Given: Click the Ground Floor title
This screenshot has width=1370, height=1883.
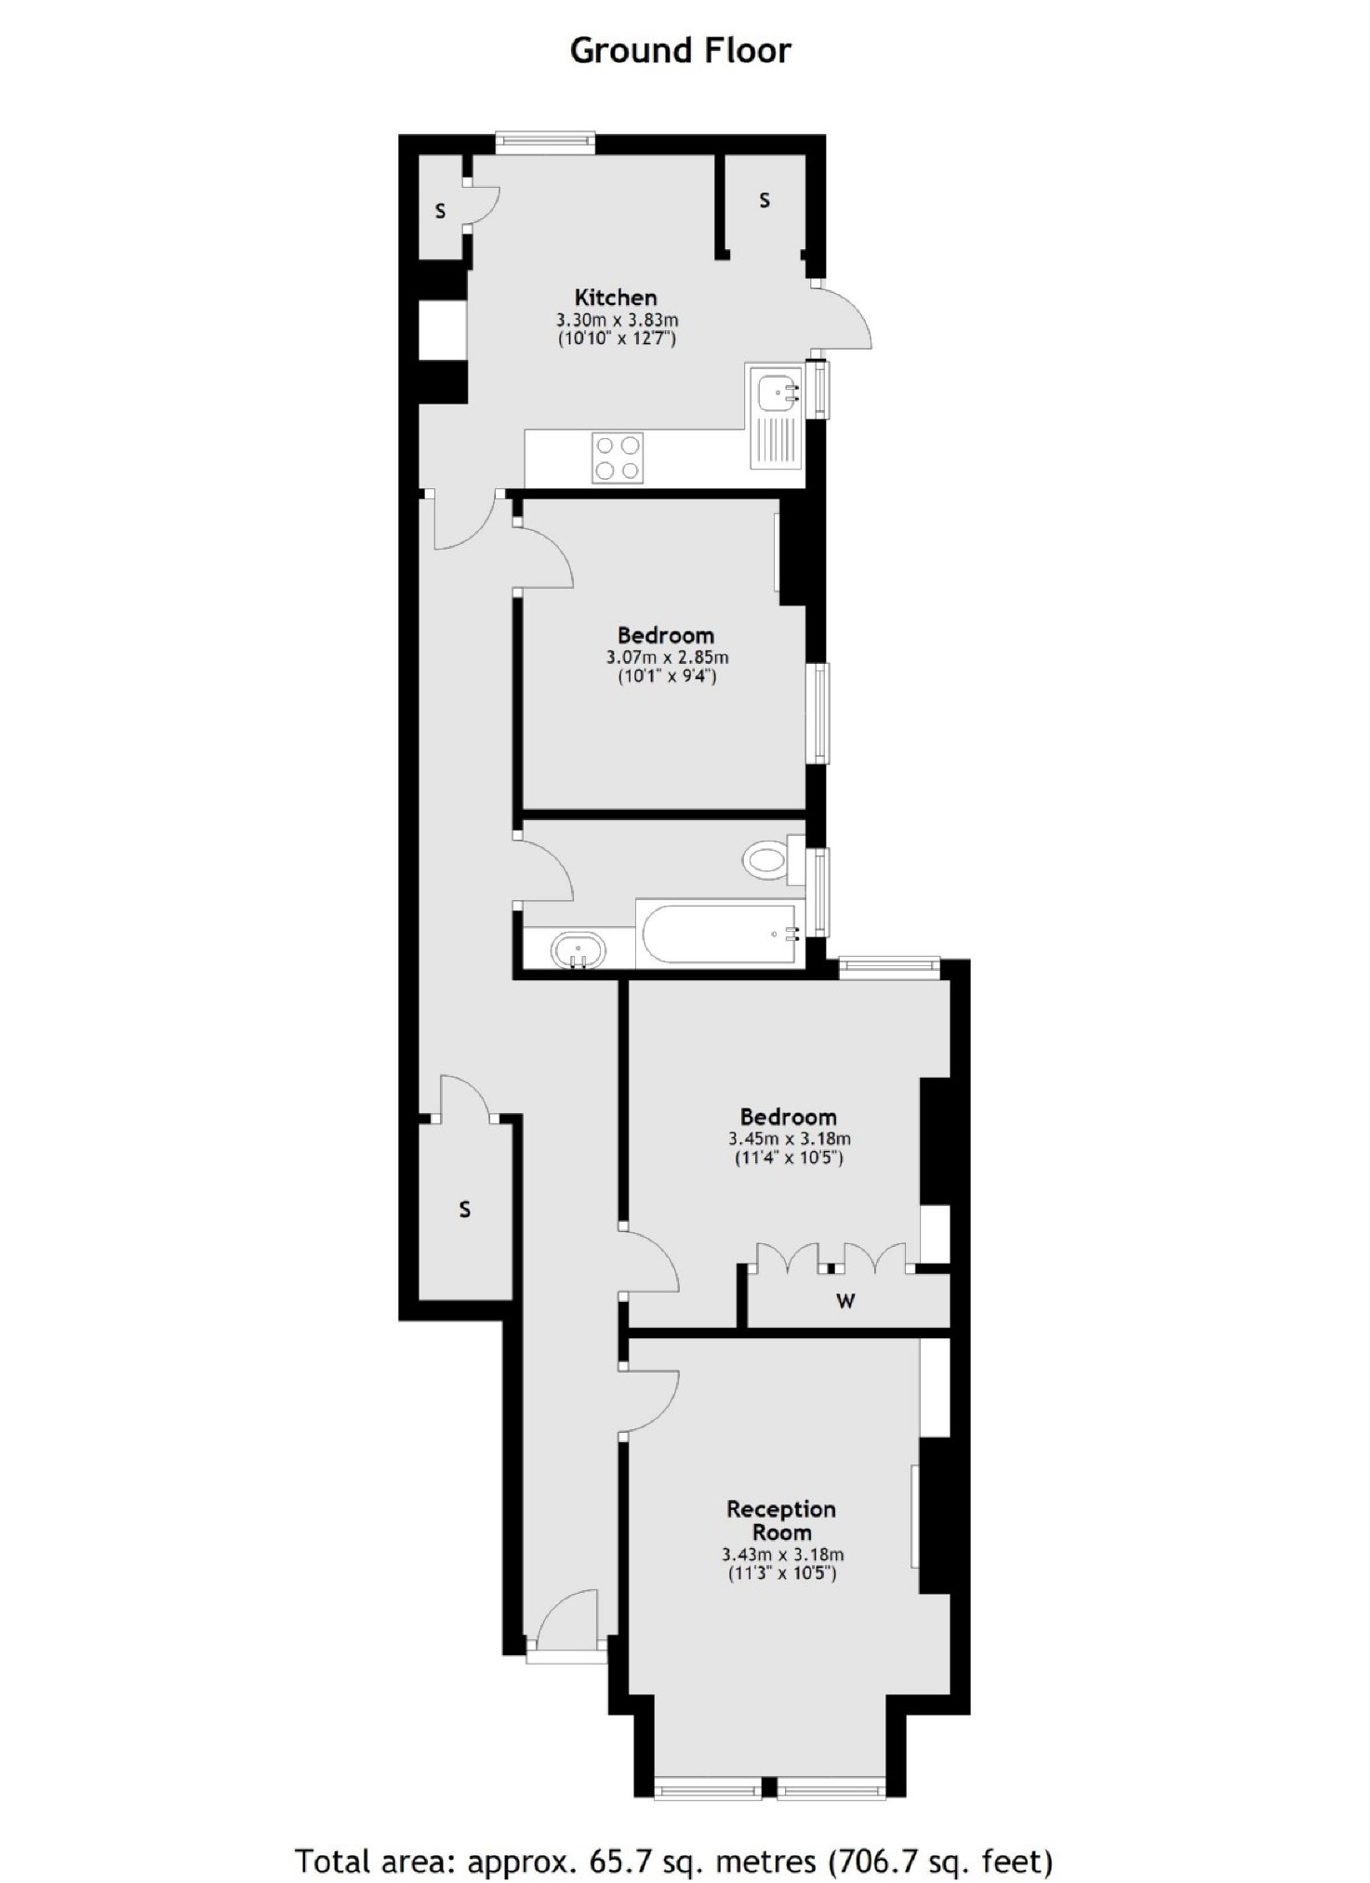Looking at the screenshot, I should point(680,50).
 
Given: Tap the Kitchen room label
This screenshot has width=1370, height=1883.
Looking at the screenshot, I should point(616,298).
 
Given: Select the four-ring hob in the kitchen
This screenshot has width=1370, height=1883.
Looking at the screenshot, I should point(618,458).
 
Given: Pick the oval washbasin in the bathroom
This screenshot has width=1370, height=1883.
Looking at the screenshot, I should point(578,951).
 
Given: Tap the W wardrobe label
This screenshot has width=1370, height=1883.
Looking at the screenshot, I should point(845,1301).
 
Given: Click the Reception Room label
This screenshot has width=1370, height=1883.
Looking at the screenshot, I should point(781,1520).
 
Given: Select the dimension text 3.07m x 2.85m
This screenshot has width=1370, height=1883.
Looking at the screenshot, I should point(667,657).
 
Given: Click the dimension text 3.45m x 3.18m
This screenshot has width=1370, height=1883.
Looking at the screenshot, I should point(789,1138).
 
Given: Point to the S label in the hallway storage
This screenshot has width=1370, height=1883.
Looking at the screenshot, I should point(464,1210).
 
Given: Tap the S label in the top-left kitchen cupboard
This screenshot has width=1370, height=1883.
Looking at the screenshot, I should point(440,211).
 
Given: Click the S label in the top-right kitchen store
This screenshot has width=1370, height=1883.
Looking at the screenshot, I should point(765,200).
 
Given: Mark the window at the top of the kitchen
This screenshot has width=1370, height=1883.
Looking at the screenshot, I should point(544,142).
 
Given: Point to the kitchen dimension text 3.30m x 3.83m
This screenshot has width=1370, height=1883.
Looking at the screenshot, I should point(617,320).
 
